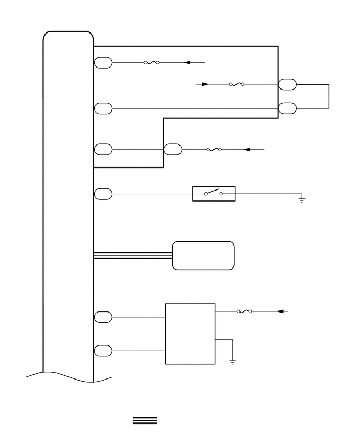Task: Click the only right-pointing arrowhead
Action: (x=206, y=84)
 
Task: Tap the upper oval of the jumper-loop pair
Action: (x=287, y=84)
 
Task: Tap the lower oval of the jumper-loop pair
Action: (x=287, y=108)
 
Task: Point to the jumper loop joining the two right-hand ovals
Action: (x=328, y=96)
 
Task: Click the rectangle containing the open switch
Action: (x=213, y=194)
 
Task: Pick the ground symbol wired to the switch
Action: (x=302, y=199)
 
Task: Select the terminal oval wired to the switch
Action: (x=103, y=194)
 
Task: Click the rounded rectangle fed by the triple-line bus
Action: (x=203, y=255)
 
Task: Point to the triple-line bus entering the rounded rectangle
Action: (x=133, y=255)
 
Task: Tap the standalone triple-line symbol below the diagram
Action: (x=145, y=420)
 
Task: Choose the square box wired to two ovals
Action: (x=190, y=333)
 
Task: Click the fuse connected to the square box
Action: (x=244, y=311)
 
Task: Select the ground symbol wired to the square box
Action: (x=232, y=361)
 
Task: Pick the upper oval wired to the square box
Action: (x=103, y=317)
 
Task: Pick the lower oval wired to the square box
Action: (x=103, y=351)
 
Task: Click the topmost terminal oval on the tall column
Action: (x=103, y=63)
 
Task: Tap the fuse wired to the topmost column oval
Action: (x=151, y=63)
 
